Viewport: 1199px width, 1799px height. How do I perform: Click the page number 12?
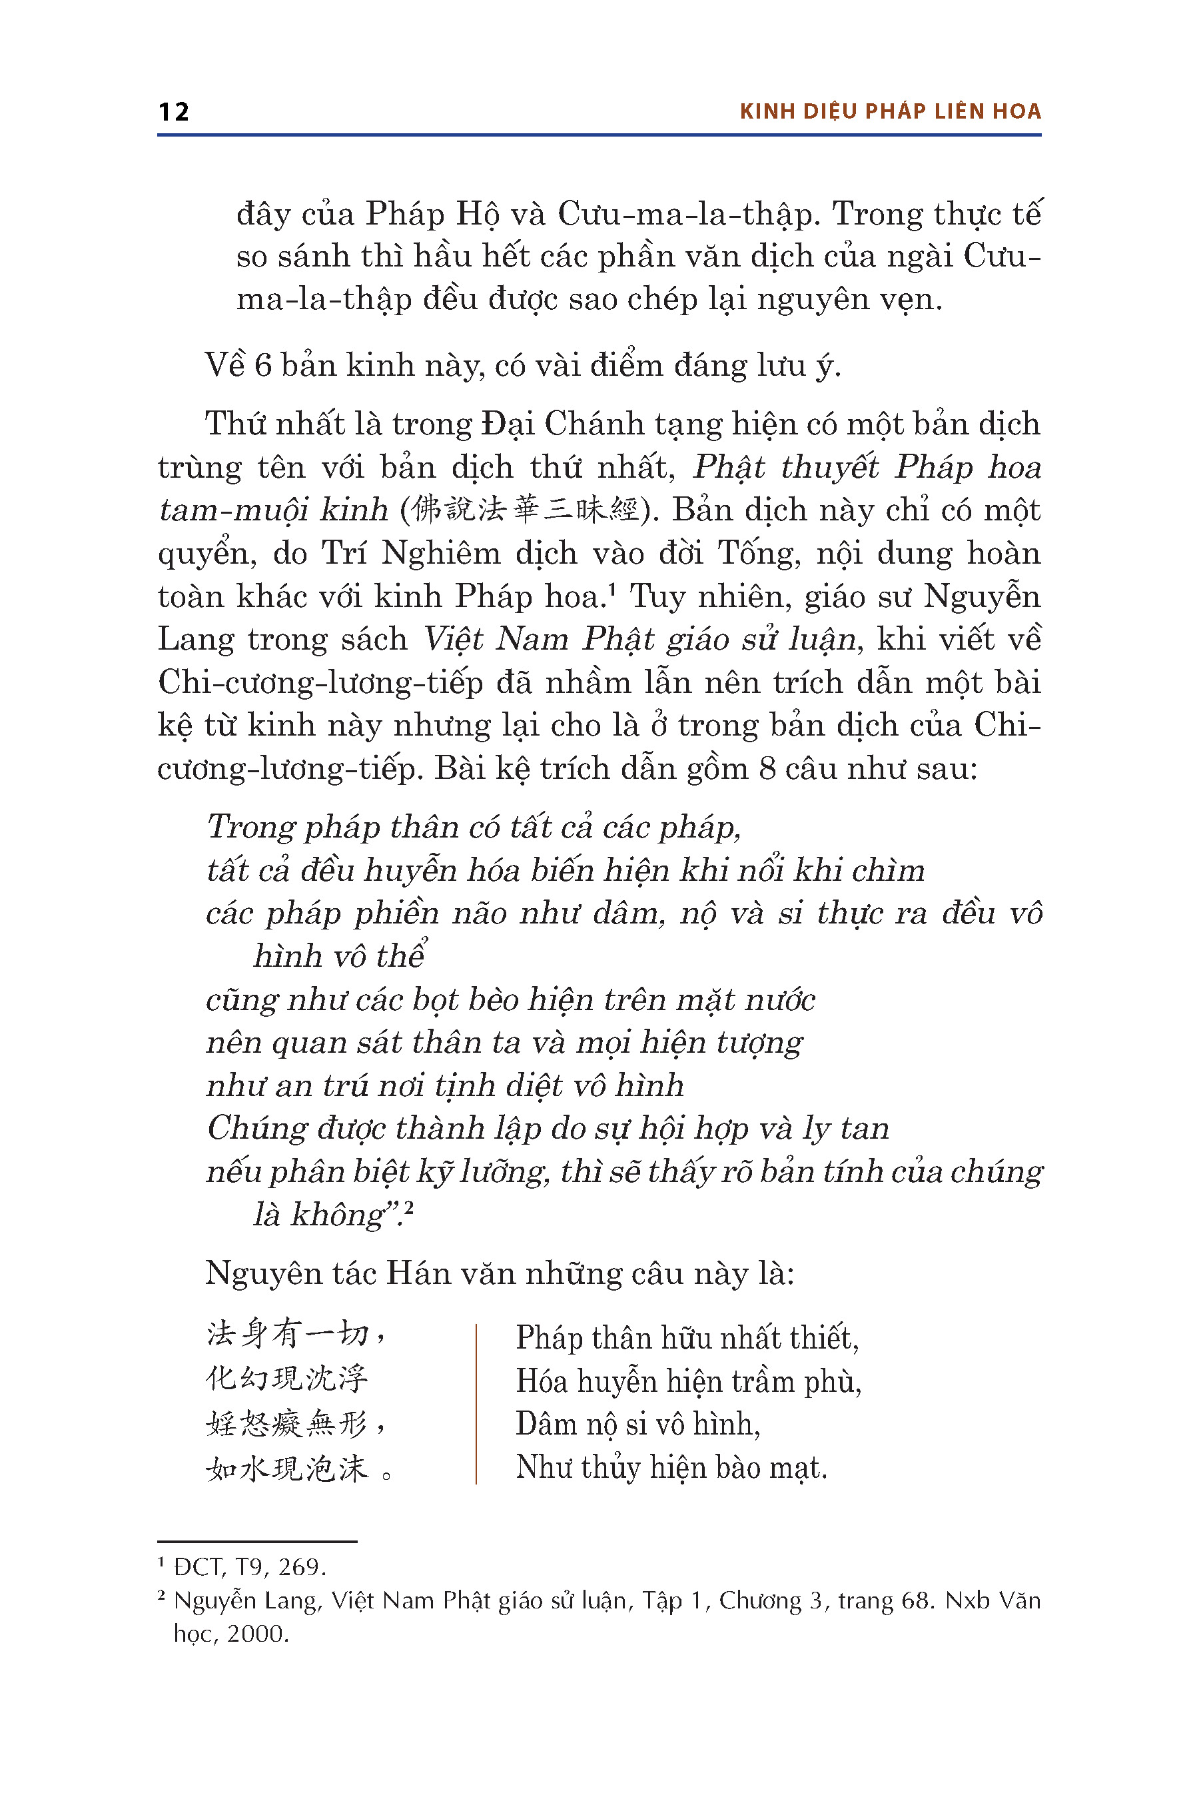pyautogui.click(x=174, y=112)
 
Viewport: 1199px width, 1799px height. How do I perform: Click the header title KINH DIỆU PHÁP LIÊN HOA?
pyautogui.click(x=890, y=112)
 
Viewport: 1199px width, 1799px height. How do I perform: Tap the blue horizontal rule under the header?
pyautogui.click(x=599, y=135)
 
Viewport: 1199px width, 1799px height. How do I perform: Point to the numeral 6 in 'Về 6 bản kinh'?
pyautogui.click(x=263, y=366)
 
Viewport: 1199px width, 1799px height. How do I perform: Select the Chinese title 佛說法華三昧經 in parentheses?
pyautogui.click(x=525, y=510)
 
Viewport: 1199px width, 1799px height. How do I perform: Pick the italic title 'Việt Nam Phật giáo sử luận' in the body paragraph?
pyautogui.click(x=639, y=640)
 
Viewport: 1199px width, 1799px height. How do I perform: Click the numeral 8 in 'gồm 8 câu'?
pyautogui.click(x=768, y=769)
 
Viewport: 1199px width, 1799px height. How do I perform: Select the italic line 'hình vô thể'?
pyautogui.click(x=339, y=956)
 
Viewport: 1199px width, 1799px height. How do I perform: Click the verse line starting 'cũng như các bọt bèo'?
pyautogui.click(x=510, y=999)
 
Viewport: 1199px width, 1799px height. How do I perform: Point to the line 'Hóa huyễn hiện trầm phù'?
pyautogui.click(x=688, y=1381)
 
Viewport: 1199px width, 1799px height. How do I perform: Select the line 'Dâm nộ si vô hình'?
pyautogui.click(x=637, y=1425)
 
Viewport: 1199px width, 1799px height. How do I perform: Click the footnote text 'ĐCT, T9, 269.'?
pyautogui.click(x=250, y=1567)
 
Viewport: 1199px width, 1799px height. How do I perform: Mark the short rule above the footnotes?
pyautogui.click(x=257, y=1541)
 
